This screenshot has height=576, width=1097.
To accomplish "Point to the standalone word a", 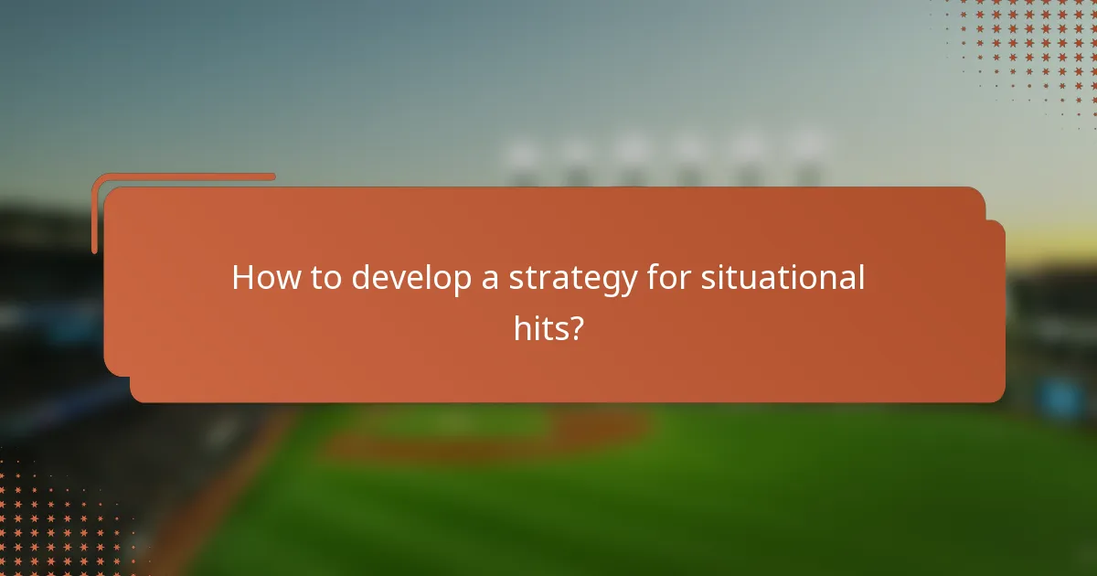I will point(490,279).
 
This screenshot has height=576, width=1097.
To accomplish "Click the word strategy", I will point(572,279).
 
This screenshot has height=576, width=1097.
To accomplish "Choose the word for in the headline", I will point(667,277).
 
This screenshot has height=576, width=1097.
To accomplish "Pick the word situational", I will point(783,277).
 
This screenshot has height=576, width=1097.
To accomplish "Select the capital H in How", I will point(243,277).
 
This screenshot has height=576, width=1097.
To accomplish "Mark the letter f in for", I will point(653,276).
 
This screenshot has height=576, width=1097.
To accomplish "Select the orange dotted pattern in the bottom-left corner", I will point(55,521).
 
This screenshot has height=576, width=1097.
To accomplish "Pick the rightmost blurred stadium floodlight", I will point(806,151).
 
